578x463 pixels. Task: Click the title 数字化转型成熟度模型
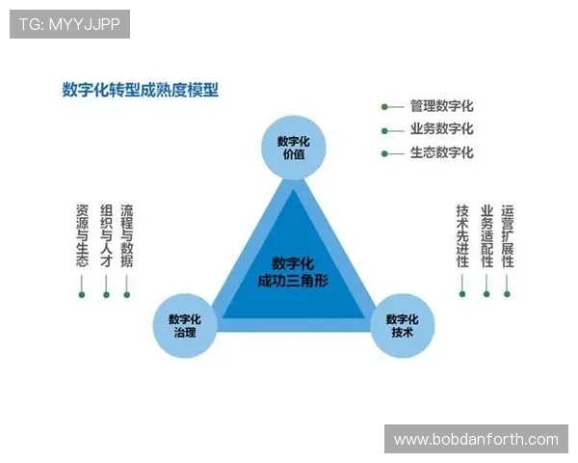click(x=141, y=90)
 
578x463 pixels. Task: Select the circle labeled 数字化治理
click(x=184, y=325)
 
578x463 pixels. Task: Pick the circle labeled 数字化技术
click(x=403, y=325)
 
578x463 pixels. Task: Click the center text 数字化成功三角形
click(x=293, y=271)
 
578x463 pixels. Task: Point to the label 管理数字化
click(x=441, y=107)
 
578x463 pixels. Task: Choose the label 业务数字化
click(x=441, y=129)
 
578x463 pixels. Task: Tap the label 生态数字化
click(x=441, y=152)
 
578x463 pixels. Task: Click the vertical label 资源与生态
click(x=82, y=234)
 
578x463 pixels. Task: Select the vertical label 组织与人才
click(x=106, y=234)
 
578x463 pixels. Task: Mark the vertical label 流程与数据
click(x=127, y=234)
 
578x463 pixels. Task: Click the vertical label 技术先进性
click(x=462, y=234)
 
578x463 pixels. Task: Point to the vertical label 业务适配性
click(x=486, y=234)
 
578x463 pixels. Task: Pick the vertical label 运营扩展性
click(x=508, y=234)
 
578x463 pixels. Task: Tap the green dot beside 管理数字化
click(x=384, y=107)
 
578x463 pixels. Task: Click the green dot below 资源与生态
click(x=82, y=294)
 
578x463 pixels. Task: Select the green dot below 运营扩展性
click(x=508, y=294)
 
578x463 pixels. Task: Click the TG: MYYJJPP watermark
click(x=69, y=24)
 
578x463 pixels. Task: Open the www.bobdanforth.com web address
click(x=476, y=440)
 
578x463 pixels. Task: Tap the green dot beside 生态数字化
click(x=384, y=152)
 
